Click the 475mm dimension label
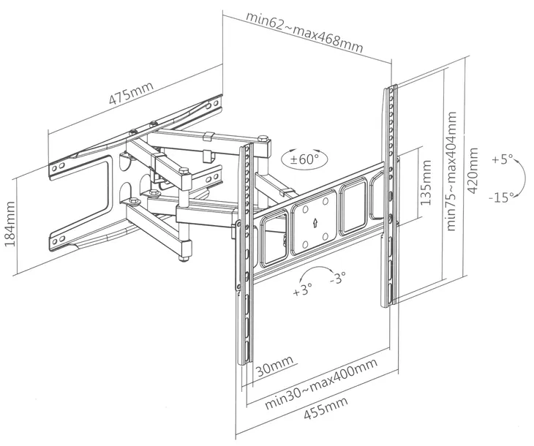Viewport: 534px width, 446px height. click(x=131, y=96)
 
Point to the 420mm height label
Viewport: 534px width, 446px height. click(x=474, y=170)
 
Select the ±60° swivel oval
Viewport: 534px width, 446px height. click(x=304, y=158)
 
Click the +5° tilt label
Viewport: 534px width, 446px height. click(x=502, y=159)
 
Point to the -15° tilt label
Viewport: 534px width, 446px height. click(x=502, y=196)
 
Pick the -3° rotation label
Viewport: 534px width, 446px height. click(x=337, y=279)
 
